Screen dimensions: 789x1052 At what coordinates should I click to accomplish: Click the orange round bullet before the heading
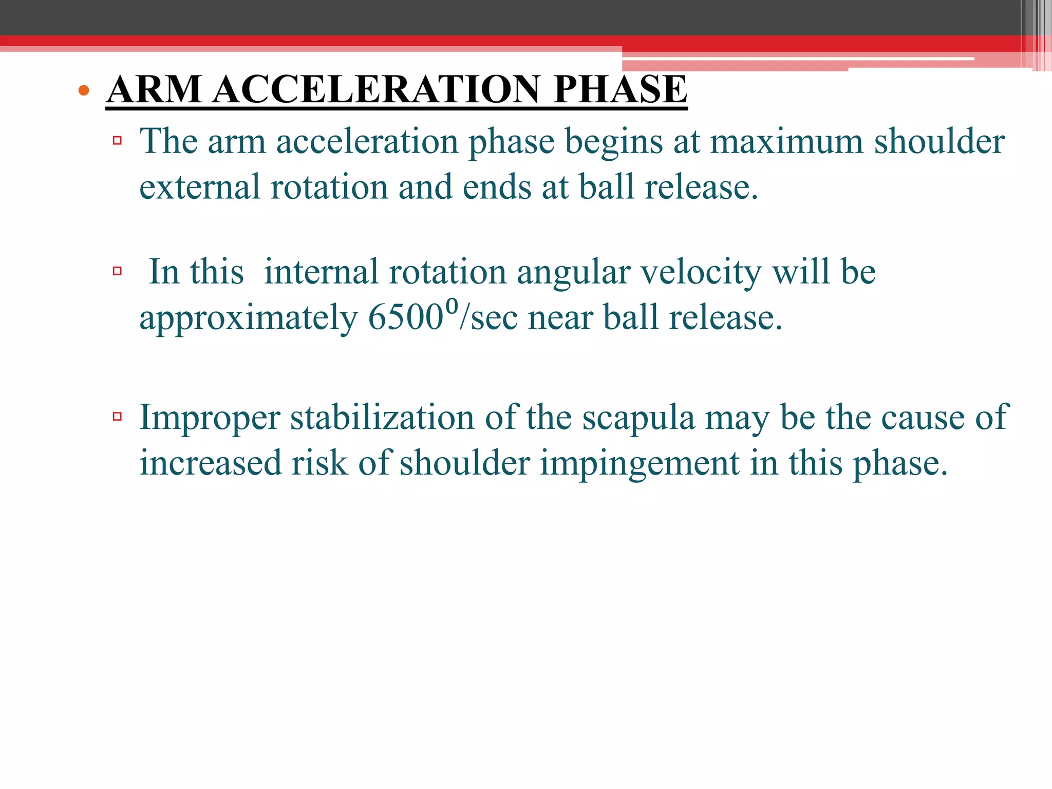click(84, 91)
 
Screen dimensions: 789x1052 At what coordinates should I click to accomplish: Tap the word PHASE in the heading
click(620, 89)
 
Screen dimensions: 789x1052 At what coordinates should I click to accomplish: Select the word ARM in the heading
click(154, 89)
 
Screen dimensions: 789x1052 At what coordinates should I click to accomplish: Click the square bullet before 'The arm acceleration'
click(117, 140)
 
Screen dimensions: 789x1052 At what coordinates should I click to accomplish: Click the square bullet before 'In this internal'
click(117, 271)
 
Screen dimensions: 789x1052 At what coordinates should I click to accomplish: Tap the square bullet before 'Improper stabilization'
click(117, 416)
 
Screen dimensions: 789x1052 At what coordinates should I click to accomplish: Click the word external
click(199, 187)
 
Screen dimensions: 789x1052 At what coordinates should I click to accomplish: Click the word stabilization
click(382, 417)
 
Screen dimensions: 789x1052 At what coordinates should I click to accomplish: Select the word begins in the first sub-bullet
click(613, 143)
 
